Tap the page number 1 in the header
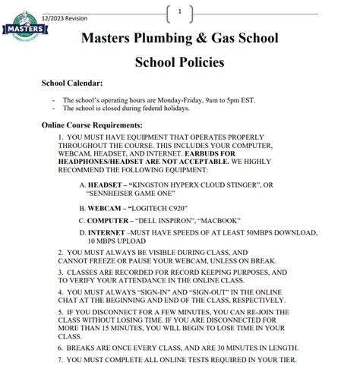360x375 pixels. (179, 12)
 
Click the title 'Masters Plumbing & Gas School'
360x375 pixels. (179, 37)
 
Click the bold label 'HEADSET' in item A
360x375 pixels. (104, 184)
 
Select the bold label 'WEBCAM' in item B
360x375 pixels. (104, 207)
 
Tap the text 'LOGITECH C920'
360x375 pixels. (159, 207)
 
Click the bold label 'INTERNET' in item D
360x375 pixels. (108, 232)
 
